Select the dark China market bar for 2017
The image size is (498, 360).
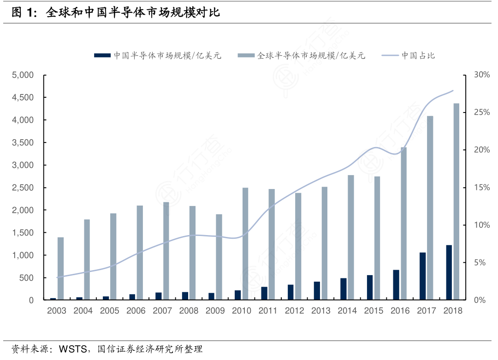point(422,276)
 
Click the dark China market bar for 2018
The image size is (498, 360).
point(449,272)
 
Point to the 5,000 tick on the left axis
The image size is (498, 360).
point(23,75)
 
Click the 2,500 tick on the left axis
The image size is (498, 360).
point(23,188)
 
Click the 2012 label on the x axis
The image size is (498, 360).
point(295,311)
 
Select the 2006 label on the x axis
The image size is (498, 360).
point(136,311)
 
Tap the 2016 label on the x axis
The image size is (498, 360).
point(400,311)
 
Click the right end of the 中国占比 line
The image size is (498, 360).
point(453,90)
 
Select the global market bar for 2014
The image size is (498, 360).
point(351,237)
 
